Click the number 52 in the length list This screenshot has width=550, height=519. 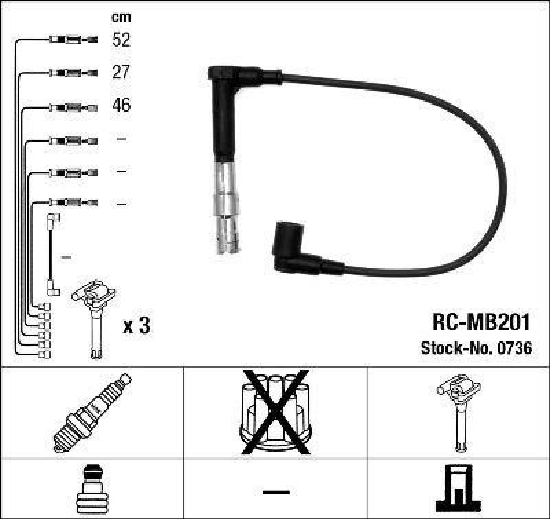[x=121, y=40]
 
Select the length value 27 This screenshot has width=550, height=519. [x=121, y=72]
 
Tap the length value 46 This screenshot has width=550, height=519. [x=121, y=105]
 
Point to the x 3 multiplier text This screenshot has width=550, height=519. [x=135, y=326]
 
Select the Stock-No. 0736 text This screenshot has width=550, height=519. [x=476, y=349]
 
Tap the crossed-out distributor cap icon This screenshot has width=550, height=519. [x=275, y=412]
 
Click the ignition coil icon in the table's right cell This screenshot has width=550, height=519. [x=459, y=412]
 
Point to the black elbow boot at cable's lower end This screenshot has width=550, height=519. [x=292, y=251]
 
